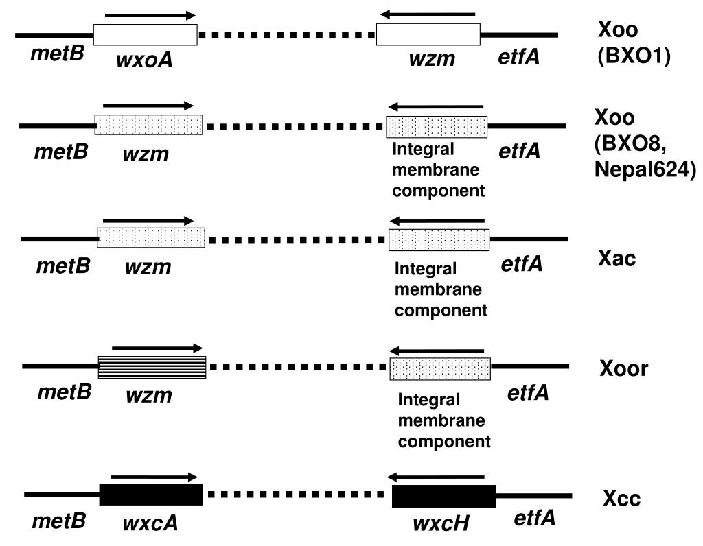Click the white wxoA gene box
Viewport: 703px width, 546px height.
(146, 35)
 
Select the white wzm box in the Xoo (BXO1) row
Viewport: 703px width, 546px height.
(428, 35)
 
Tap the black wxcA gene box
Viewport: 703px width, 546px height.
(151, 495)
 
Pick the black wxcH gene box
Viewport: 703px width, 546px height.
(444, 497)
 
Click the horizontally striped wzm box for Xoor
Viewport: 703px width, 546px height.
(152, 367)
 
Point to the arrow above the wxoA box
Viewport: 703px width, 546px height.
(150, 16)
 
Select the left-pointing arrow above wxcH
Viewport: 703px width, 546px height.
(435, 477)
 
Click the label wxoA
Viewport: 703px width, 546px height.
(144, 59)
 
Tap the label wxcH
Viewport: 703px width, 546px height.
(441, 523)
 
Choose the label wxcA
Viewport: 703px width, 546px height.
(150, 522)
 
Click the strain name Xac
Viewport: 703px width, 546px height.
(616, 259)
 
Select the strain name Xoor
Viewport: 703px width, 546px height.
(623, 368)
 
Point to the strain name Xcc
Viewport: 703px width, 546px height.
(621, 498)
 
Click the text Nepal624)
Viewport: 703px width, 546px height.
(645, 169)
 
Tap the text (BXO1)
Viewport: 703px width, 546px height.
(634, 56)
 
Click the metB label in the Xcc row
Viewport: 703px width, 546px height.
(59, 521)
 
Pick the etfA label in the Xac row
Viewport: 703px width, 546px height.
(522, 264)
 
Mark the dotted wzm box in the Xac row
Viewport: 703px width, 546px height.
(151, 238)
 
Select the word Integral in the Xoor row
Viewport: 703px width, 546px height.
(428, 399)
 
